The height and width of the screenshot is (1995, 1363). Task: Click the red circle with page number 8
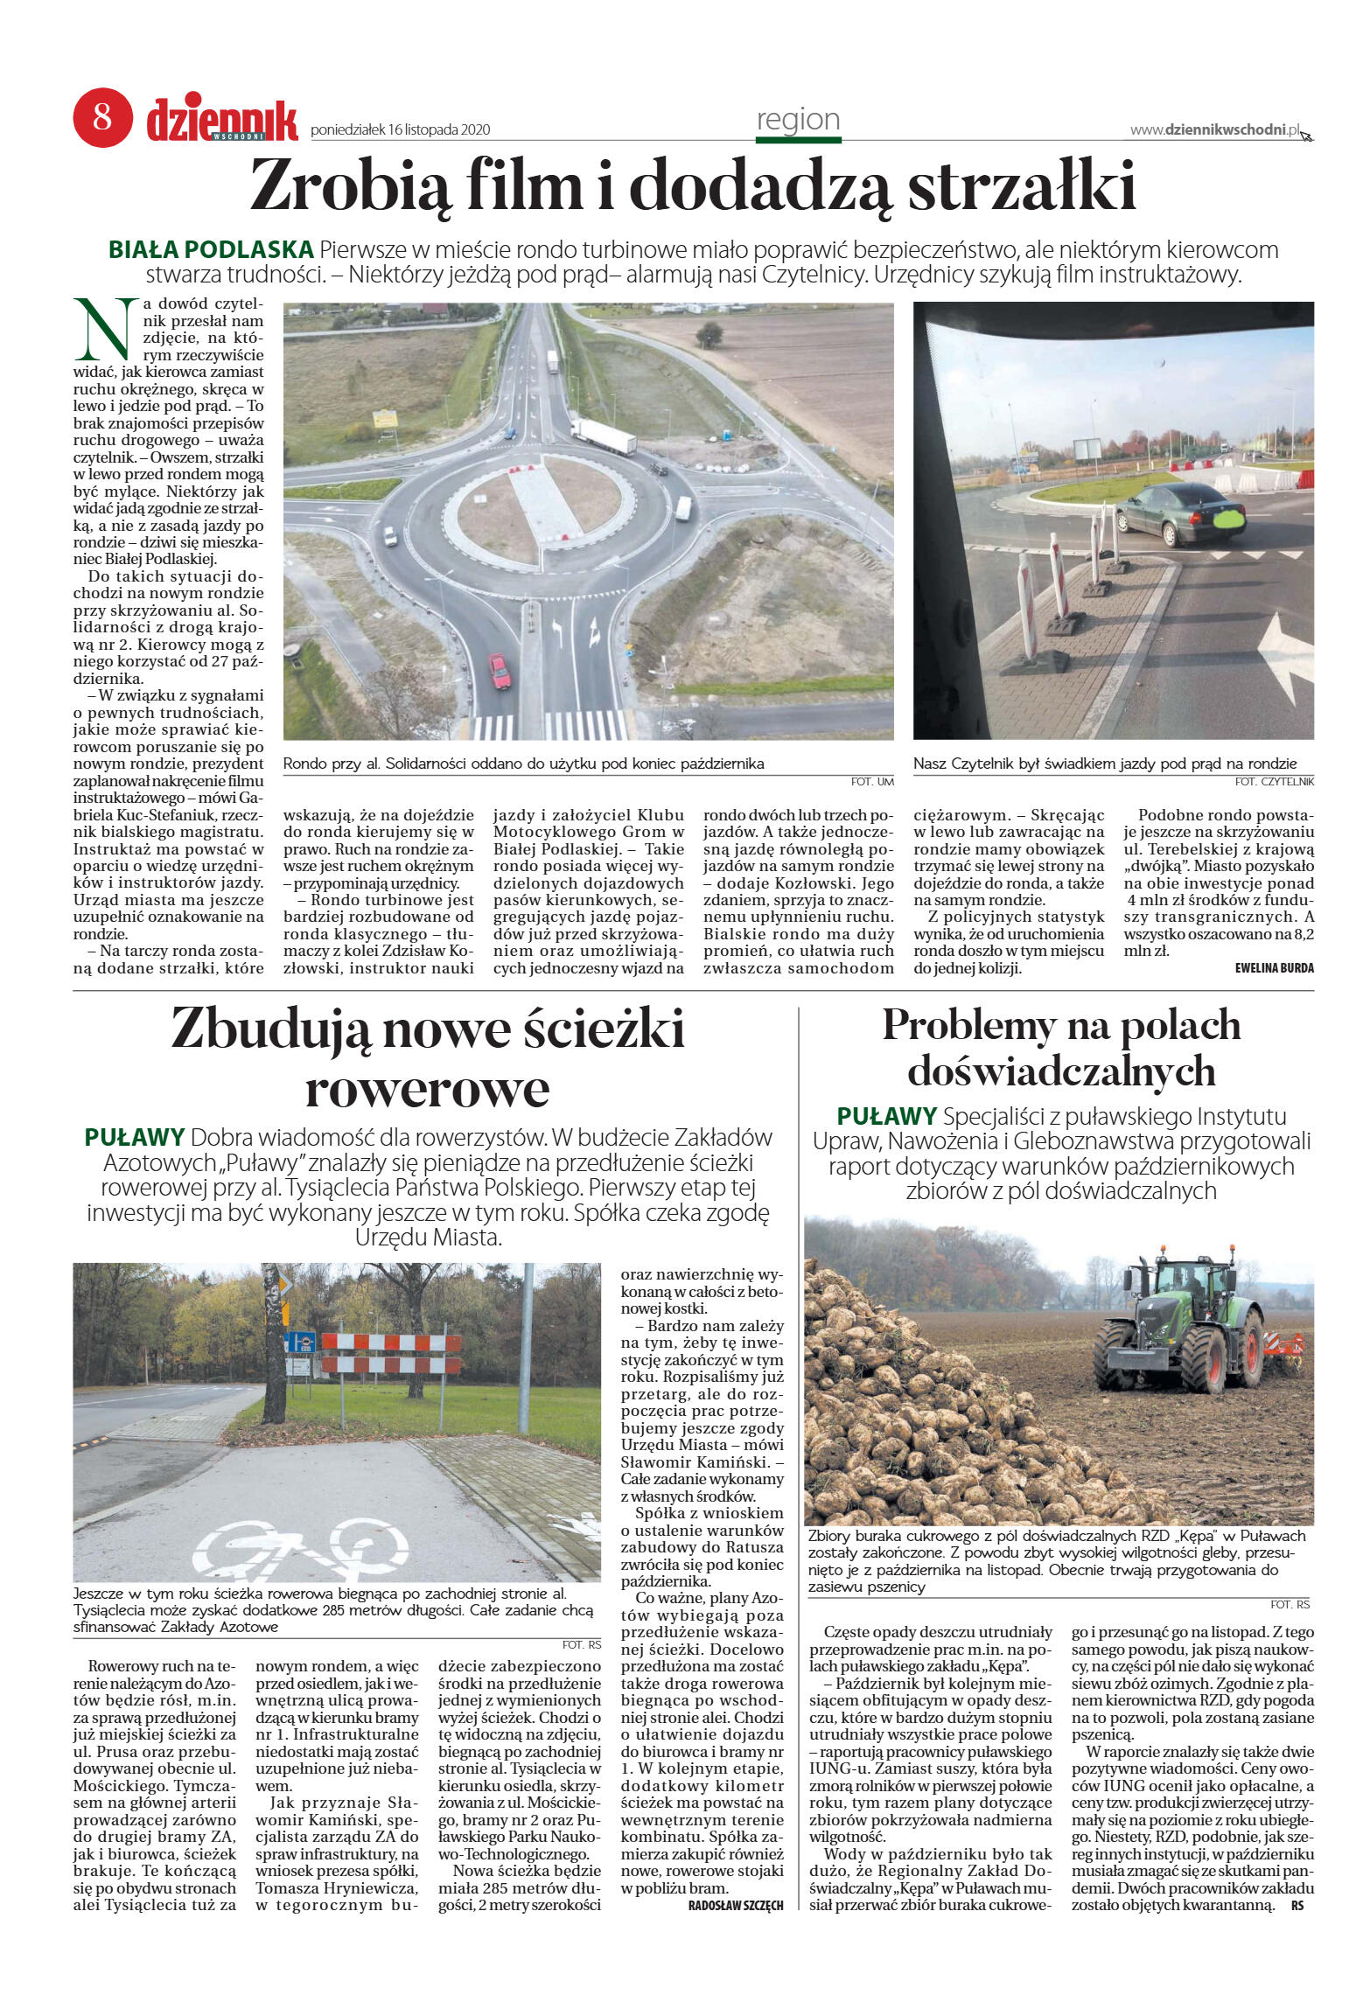pyautogui.click(x=102, y=117)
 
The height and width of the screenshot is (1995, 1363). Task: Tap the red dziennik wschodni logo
pyautogui.click(x=221, y=121)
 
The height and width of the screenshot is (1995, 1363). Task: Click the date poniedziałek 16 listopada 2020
pyautogui.click(x=400, y=130)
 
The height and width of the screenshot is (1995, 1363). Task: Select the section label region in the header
pyautogui.click(x=798, y=120)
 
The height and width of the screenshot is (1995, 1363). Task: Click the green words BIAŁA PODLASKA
pyautogui.click(x=211, y=250)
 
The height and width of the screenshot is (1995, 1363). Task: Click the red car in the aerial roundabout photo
pyautogui.click(x=500, y=671)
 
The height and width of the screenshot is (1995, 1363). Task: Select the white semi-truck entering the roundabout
pyautogui.click(x=604, y=436)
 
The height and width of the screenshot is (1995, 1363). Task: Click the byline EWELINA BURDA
pyautogui.click(x=1274, y=968)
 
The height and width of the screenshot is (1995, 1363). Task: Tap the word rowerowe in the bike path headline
pyautogui.click(x=427, y=1089)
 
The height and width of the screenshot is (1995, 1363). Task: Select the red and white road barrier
pyautogui.click(x=391, y=1353)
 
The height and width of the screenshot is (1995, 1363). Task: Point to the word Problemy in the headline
pyautogui.click(x=968, y=1026)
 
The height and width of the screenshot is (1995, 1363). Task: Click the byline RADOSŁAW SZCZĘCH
pyautogui.click(x=735, y=1905)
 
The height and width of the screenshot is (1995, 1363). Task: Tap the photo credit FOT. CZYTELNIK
pyautogui.click(x=1274, y=781)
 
